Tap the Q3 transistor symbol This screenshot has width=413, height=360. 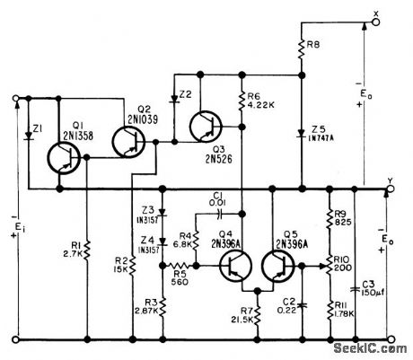tap(208, 127)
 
